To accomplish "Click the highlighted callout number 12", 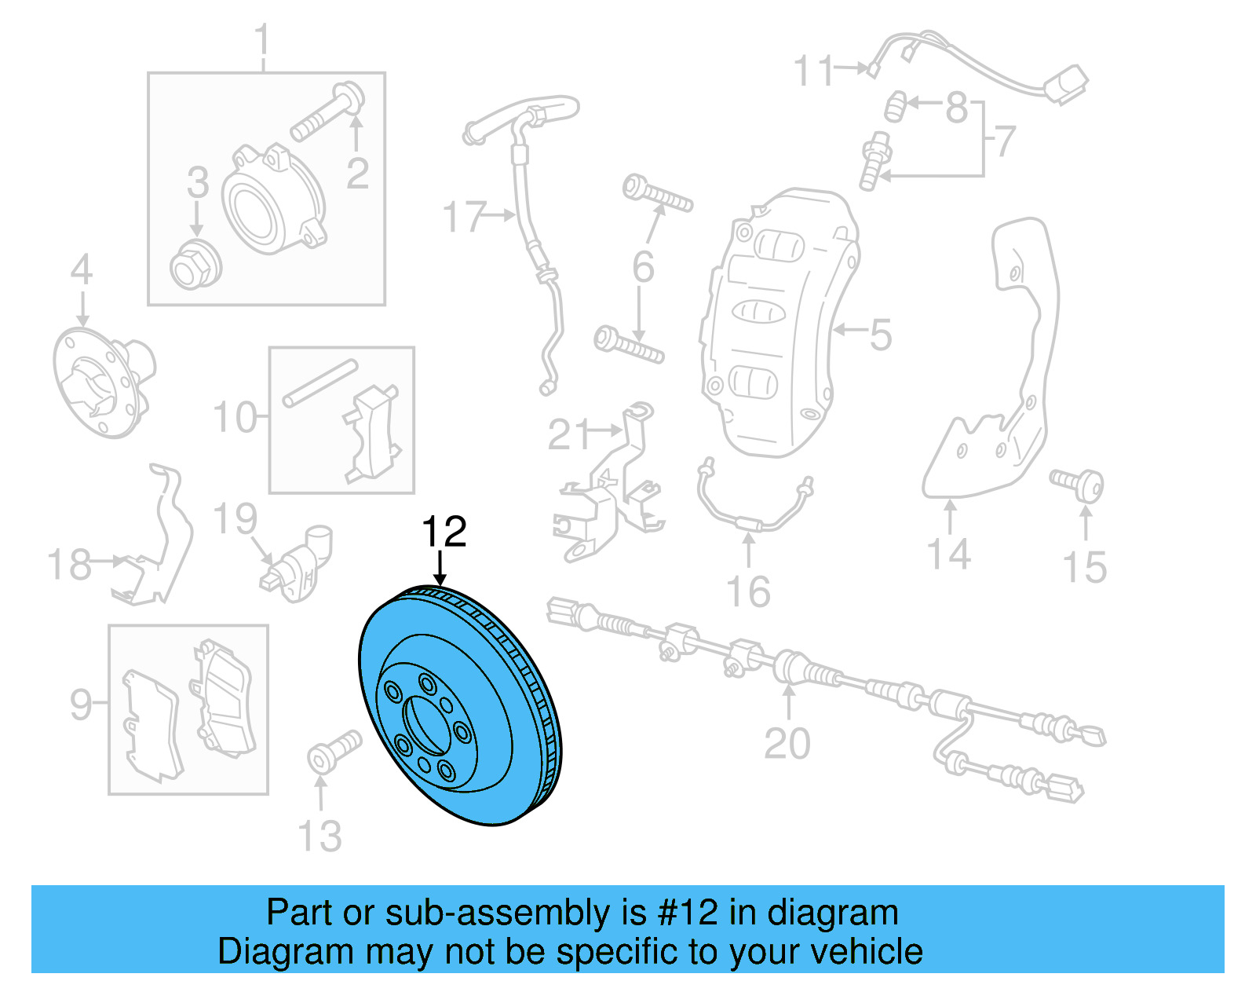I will [444, 533].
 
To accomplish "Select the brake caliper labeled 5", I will [777, 322].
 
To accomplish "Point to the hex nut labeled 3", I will [195, 265].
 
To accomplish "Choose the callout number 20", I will [787, 743].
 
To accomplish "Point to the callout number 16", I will [748, 591].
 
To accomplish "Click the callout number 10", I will [235, 417].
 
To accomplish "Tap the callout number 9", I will [80, 705].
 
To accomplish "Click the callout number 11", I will [813, 71].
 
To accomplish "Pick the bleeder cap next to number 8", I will [896, 106].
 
